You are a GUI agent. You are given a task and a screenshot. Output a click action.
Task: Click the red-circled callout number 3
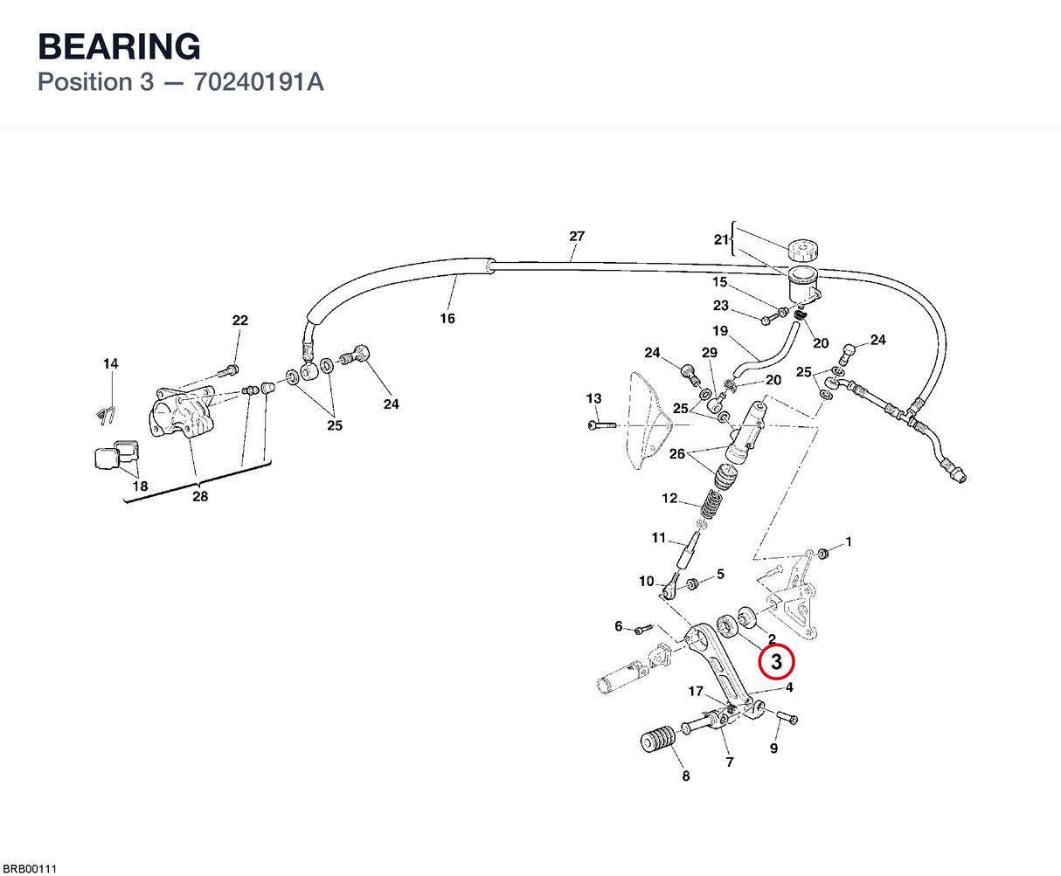[776, 661]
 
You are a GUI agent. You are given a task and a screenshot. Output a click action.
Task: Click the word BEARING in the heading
[120, 46]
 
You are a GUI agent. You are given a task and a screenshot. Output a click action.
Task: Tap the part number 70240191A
[259, 82]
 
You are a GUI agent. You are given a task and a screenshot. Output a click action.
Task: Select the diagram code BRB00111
[29, 869]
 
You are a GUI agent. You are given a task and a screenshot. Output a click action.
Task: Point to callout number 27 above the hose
[577, 236]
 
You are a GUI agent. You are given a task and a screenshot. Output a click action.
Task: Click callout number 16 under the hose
[447, 319]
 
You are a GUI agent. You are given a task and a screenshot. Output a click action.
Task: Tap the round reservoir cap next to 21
[803, 250]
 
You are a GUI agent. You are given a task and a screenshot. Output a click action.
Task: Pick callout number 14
[111, 363]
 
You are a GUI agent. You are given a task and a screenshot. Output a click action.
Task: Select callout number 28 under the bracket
[200, 496]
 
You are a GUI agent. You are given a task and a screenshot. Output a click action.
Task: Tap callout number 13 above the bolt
[593, 398]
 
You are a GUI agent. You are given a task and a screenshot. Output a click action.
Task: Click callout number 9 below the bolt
[773, 748]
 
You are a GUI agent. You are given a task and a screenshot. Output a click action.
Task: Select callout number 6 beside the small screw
[619, 626]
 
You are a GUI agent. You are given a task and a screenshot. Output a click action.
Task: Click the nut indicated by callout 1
[823, 553]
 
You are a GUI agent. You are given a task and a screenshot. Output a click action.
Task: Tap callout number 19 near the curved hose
[720, 331]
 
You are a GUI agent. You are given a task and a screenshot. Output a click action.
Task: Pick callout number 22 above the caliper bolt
[239, 321]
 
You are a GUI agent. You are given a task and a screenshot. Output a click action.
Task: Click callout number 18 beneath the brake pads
[140, 486]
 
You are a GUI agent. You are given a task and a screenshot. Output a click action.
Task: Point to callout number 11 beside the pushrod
[659, 537]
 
